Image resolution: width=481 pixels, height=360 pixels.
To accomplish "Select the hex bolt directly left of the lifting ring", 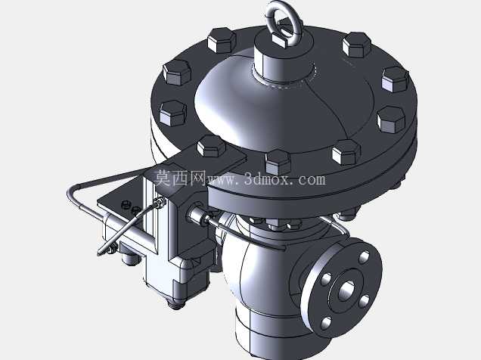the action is click(222, 39).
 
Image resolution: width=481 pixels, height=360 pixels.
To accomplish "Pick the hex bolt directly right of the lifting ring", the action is click(356, 45).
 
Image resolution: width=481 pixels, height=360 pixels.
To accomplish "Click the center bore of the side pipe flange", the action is click(347, 290).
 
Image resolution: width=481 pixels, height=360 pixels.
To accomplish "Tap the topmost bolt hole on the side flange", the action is click(364, 257).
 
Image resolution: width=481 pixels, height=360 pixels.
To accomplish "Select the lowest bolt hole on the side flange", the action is click(326, 323).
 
